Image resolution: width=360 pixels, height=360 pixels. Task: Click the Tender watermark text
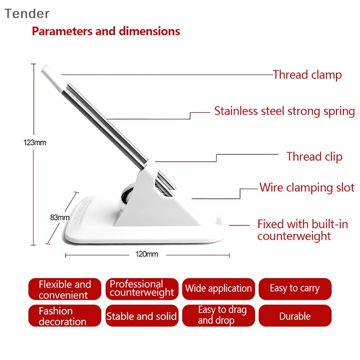[27, 13]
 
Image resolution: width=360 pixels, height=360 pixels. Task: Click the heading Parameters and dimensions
[106, 31]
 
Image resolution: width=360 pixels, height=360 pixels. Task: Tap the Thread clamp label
[307, 75]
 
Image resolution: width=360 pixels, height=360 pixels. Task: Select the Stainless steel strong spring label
[284, 111]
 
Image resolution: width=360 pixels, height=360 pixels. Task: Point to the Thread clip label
[314, 157]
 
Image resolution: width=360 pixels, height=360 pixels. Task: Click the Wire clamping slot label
[307, 188]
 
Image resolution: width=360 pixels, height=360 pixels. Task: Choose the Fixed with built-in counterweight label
[302, 230]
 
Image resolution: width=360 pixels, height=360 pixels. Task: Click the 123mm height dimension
[35, 143]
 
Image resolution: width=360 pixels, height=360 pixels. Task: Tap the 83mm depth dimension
[60, 217]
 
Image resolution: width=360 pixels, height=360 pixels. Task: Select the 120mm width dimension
[147, 254]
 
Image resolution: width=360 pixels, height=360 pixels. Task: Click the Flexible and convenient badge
[65, 289]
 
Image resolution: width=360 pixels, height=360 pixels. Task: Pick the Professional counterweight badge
[142, 289]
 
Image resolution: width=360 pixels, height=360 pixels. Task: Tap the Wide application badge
[219, 289]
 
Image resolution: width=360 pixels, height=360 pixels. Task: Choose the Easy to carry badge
[295, 289]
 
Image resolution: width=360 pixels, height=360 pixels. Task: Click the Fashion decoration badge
[65, 316]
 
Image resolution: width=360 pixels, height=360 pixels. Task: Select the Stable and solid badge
[142, 316]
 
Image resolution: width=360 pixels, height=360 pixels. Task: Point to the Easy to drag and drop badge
[219, 316]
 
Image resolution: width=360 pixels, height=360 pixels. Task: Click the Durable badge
[295, 316]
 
